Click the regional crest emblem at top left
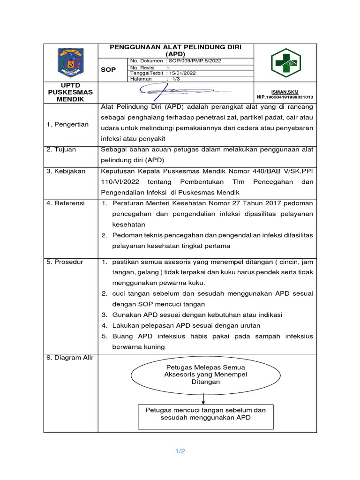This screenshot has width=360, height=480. pyautogui.click(x=71, y=63)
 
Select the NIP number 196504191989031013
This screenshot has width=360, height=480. pyautogui.click(x=285, y=97)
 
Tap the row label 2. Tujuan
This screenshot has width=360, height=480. pyautogui.click(x=61, y=150)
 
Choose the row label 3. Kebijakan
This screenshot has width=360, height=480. pyautogui.click(x=66, y=171)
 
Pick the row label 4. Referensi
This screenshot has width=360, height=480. pyautogui.click(x=66, y=203)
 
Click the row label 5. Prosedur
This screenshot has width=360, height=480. pyautogui.click(x=65, y=262)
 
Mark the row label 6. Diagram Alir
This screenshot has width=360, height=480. pyautogui.click(x=70, y=358)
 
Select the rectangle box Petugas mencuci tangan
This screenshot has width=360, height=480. pyautogui.click(x=206, y=413)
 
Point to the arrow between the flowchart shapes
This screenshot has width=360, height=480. pyautogui.click(x=203, y=397)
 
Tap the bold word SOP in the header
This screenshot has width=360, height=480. pyautogui.click(x=108, y=69)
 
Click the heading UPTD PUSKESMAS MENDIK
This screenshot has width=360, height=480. pyautogui.click(x=71, y=92)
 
